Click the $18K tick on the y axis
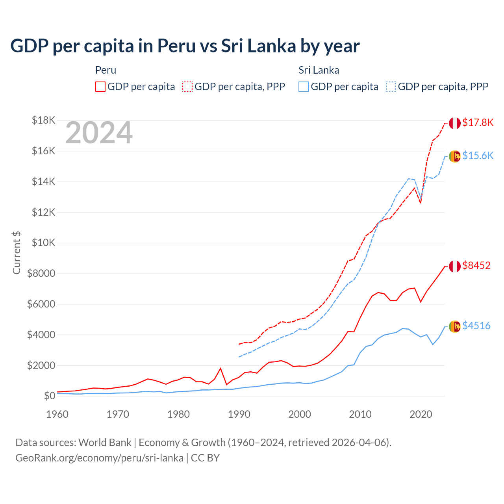pyautogui.click(x=43, y=120)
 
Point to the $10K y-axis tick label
pyautogui.click(x=43, y=243)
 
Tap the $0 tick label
pyautogui.click(x=49, y=396)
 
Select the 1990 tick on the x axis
pyautogui.click(x=239, y=414)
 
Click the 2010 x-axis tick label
pyautogui.click(x=360, y=414)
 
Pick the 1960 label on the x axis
pyautogui.click(x=57, y=414)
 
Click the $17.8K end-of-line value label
pyautogui.click(x=478, y=122)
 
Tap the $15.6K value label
pyautogui.click(x=478, y=156)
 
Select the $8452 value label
pyautogui.click(x=476, y=265)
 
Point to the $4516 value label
pyautogui.click(x=476, y=326)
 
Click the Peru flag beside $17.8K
pyautogui.click(x=455, y=123)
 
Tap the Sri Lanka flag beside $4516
pyautogui.click(x=455, y=326)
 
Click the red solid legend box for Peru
pyautogui.click(x=100, y=87)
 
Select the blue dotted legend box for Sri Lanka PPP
pyautogui.click(x=391, y=87)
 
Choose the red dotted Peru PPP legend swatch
pyautogui.click(x=187, y=87)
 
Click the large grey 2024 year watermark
pyautogui.click(x=99, y=133)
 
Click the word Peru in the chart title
pyautogui.click(x=176, y=46)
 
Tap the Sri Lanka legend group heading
pyautogui.click(x=319, y=70)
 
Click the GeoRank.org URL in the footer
pyautogui.click(x=99, y=458)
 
